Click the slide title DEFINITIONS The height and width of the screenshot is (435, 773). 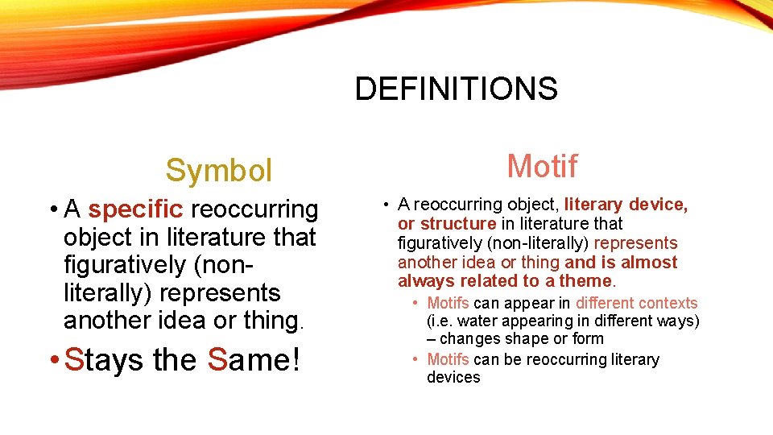point(456,89)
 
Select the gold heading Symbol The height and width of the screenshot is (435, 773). point(219,170)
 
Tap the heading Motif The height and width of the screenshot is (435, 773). point(542,166)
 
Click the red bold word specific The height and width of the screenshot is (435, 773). point(136,209)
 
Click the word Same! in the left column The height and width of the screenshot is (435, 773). point(254,359)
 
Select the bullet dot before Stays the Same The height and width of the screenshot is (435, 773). point(52,360)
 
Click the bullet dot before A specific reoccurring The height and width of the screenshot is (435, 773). point(52,210)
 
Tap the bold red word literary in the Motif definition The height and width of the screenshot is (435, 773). point(593,205)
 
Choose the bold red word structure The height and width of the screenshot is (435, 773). point(458,224)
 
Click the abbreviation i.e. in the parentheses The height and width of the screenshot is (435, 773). point(441,321)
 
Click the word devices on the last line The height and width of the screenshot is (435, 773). point(453,378)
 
